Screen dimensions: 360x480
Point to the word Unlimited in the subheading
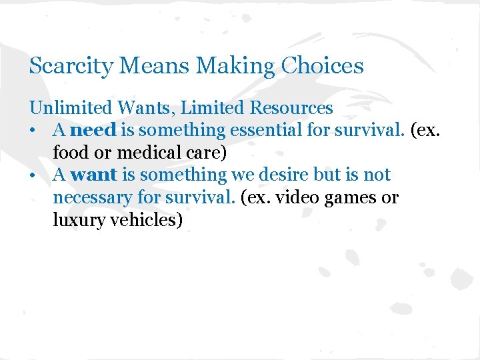coord(67,107)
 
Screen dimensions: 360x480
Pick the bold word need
coord(93,130)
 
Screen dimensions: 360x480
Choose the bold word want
coord(93,175)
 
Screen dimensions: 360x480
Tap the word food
coord(69,153)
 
